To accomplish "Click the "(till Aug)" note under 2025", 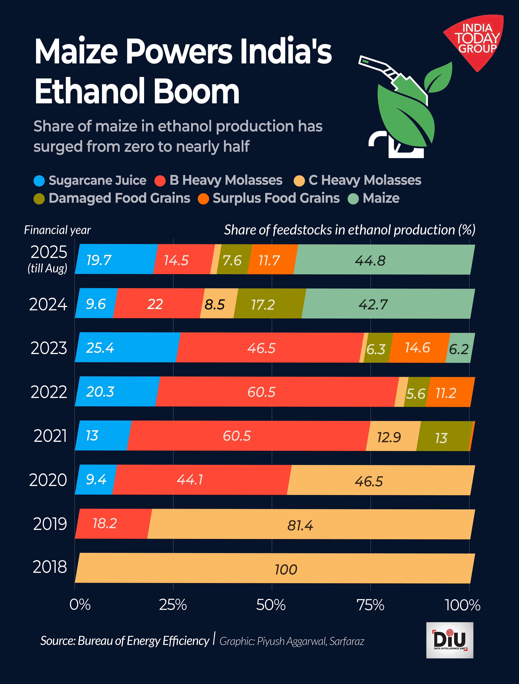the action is pos(47,268).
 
